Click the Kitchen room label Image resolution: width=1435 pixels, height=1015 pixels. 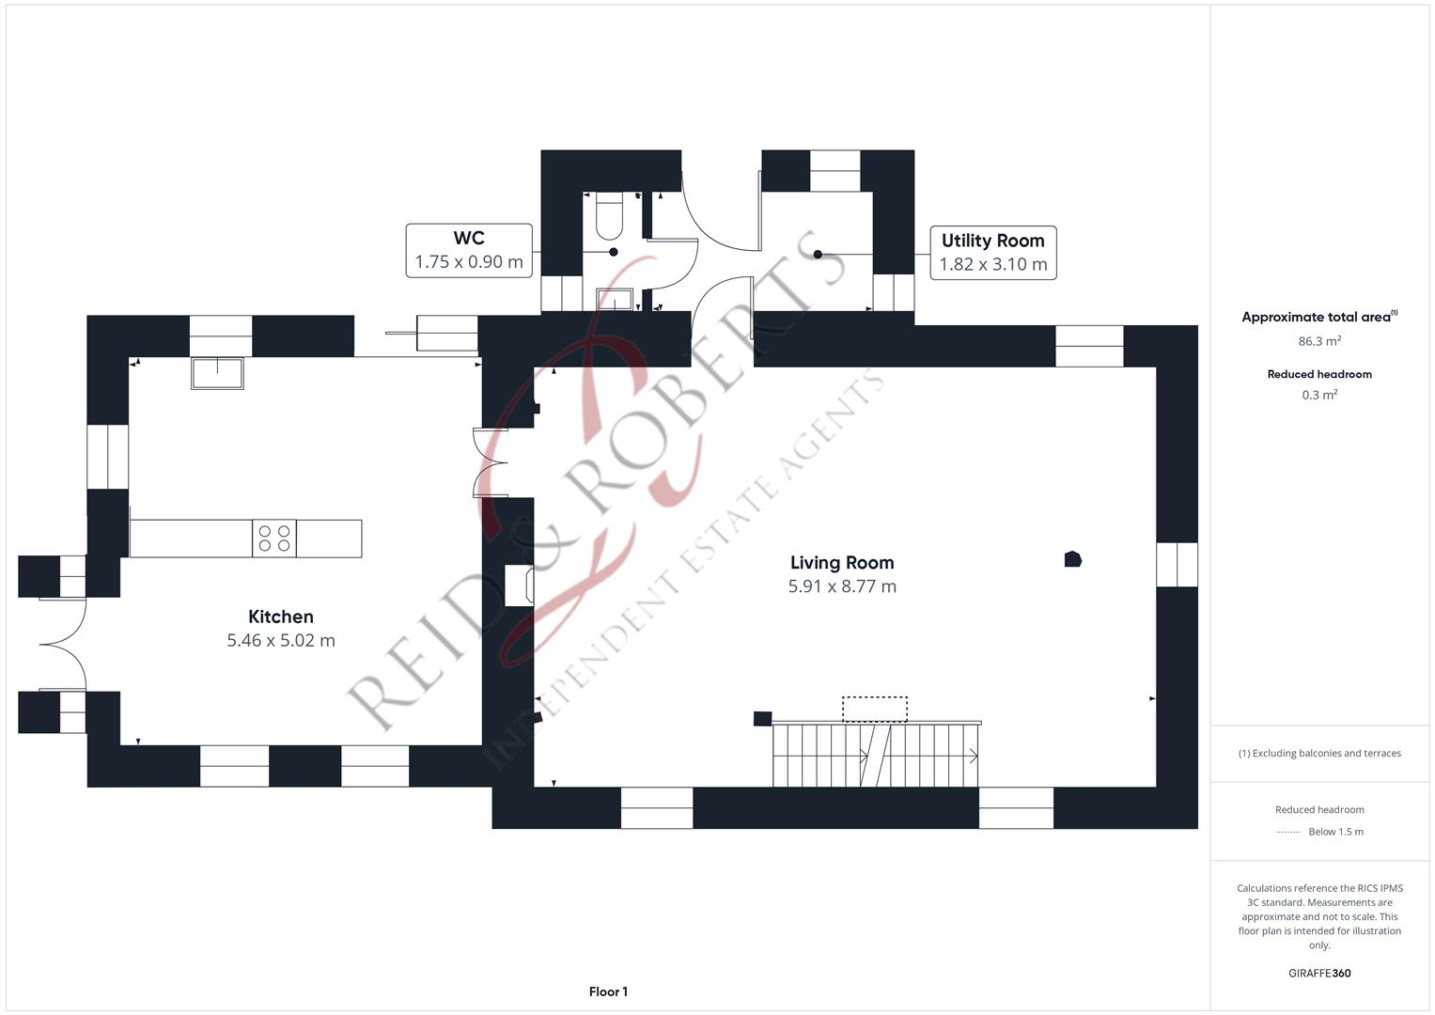pos(281,617)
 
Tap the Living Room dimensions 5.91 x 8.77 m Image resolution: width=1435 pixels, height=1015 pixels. pos(842,586)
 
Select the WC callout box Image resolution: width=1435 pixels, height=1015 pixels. pos(469,251)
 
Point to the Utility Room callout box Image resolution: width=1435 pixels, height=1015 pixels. pos(993,253)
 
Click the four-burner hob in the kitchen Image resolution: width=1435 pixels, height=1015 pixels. pos(274,538)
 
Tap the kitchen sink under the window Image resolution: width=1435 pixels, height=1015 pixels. pos(217,373)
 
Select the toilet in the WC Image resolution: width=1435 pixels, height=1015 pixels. pos(609,215)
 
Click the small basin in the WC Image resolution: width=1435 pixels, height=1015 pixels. pos(615,299)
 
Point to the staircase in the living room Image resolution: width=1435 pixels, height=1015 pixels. pos(876,754)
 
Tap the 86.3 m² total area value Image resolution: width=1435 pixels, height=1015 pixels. pos(1319,341)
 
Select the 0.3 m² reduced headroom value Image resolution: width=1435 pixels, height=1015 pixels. pos(1319,395)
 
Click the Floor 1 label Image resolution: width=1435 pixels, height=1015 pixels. pos(608,992)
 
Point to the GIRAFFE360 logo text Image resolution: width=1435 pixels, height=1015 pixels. pos(1319,973)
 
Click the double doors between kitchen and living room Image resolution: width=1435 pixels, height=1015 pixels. pos(490,462)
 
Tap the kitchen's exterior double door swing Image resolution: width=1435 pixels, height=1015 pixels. pos(63,644)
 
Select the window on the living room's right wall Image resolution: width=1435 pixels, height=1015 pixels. pos(1177,565)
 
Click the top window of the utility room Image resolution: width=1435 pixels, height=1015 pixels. pos(835,170)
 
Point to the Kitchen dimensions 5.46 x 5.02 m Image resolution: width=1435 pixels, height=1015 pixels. pos(281,640)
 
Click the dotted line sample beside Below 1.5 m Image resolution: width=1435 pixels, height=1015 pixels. pos(1287,833)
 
